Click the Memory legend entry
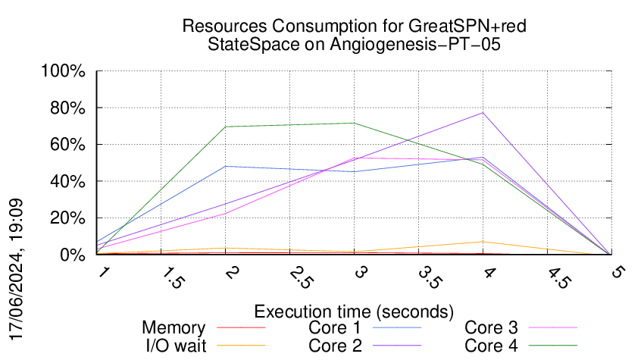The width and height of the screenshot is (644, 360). [x=174, y=327]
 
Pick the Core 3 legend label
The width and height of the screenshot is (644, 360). [x=491, y=327]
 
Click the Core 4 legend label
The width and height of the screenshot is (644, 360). [x=491, y=345]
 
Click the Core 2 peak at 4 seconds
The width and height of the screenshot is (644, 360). [x=483, y=113]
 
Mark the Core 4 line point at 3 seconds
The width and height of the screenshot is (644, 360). [x=354, y=123]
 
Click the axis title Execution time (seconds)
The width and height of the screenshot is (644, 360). [x=353, y=311]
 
